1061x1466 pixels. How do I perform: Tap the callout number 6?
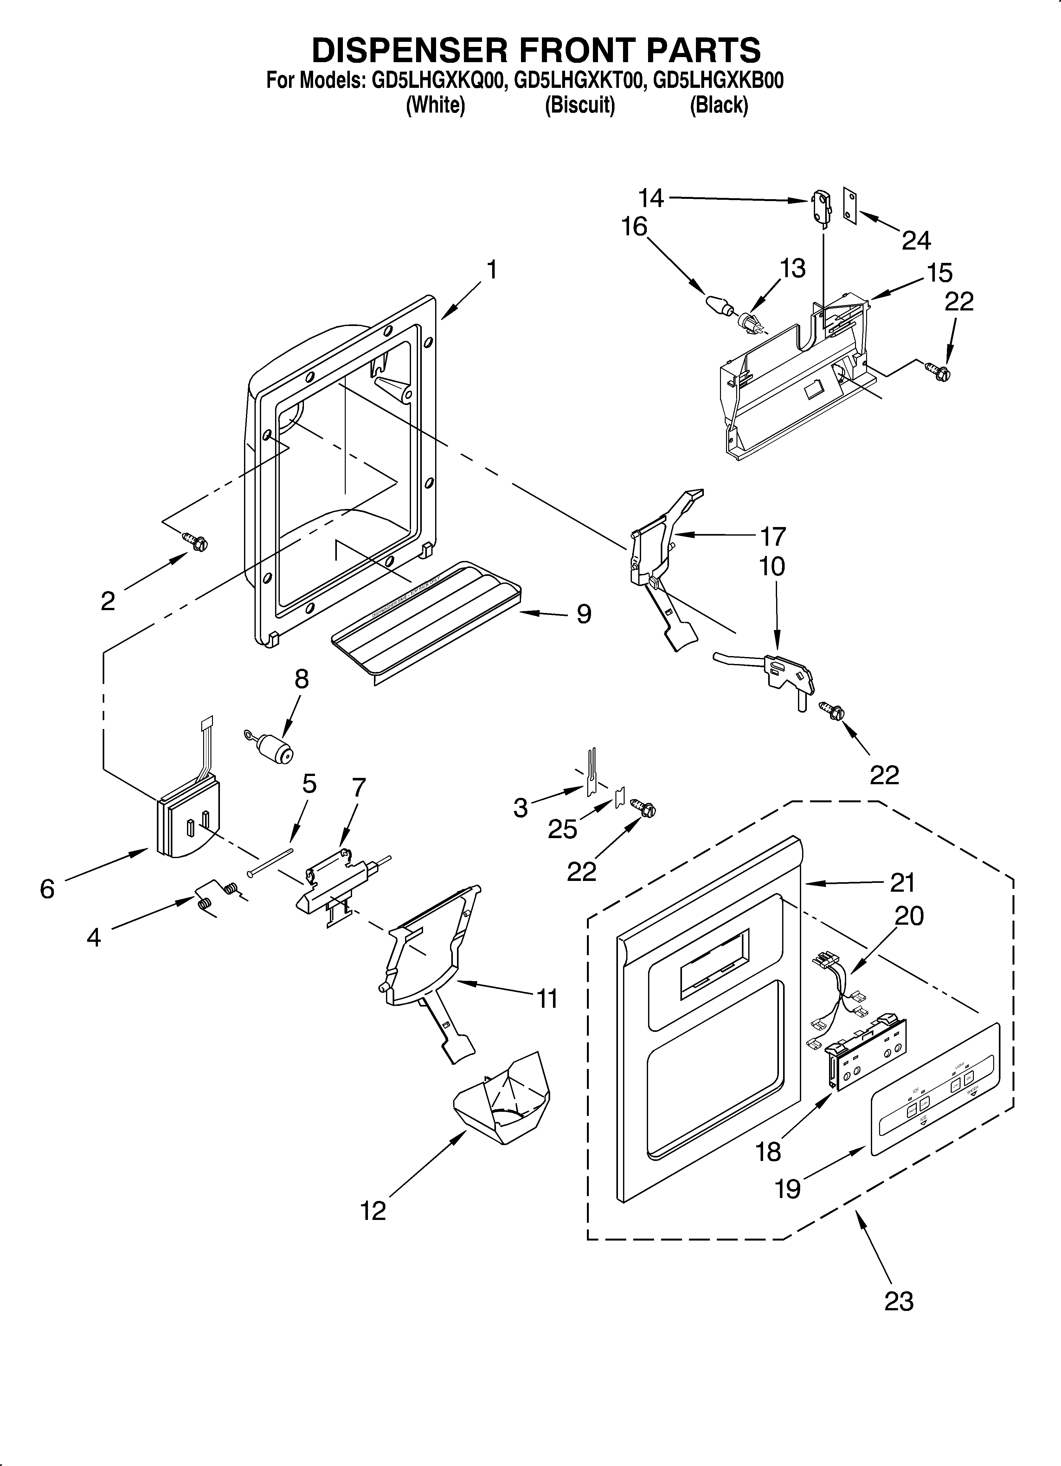tap(47, 889)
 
